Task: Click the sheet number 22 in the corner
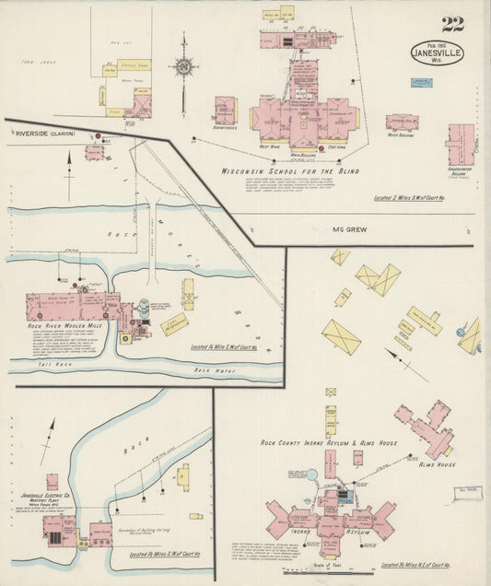(452, 25)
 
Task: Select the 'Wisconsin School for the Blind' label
(290, 171)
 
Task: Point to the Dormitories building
(225, 111)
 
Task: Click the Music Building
(402, 122)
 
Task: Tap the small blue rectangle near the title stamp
(422, 83)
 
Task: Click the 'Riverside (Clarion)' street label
(45, 134)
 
